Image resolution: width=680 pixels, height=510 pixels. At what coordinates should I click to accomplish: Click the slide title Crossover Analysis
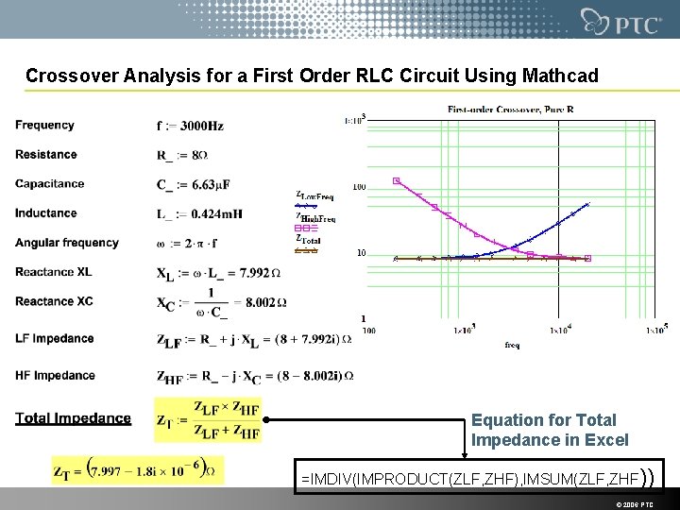pos(312,75)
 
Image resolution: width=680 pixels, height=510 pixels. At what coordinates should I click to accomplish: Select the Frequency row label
pos(44,125)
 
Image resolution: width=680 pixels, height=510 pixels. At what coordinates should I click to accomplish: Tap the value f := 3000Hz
pos(190,126)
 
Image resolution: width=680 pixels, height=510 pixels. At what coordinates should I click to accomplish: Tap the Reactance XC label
pos(53,301)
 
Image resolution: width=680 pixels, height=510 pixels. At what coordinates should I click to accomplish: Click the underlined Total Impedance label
pos(73,417)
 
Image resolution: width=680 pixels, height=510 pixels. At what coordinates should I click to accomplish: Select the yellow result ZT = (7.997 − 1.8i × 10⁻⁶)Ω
pos(138,469)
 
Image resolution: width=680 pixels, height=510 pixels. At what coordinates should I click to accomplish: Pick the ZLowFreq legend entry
pos(314,196)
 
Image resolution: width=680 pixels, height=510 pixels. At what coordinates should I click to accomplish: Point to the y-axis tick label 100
pos(359,187)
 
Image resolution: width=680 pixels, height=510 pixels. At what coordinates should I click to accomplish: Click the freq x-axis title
pos(511,345)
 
